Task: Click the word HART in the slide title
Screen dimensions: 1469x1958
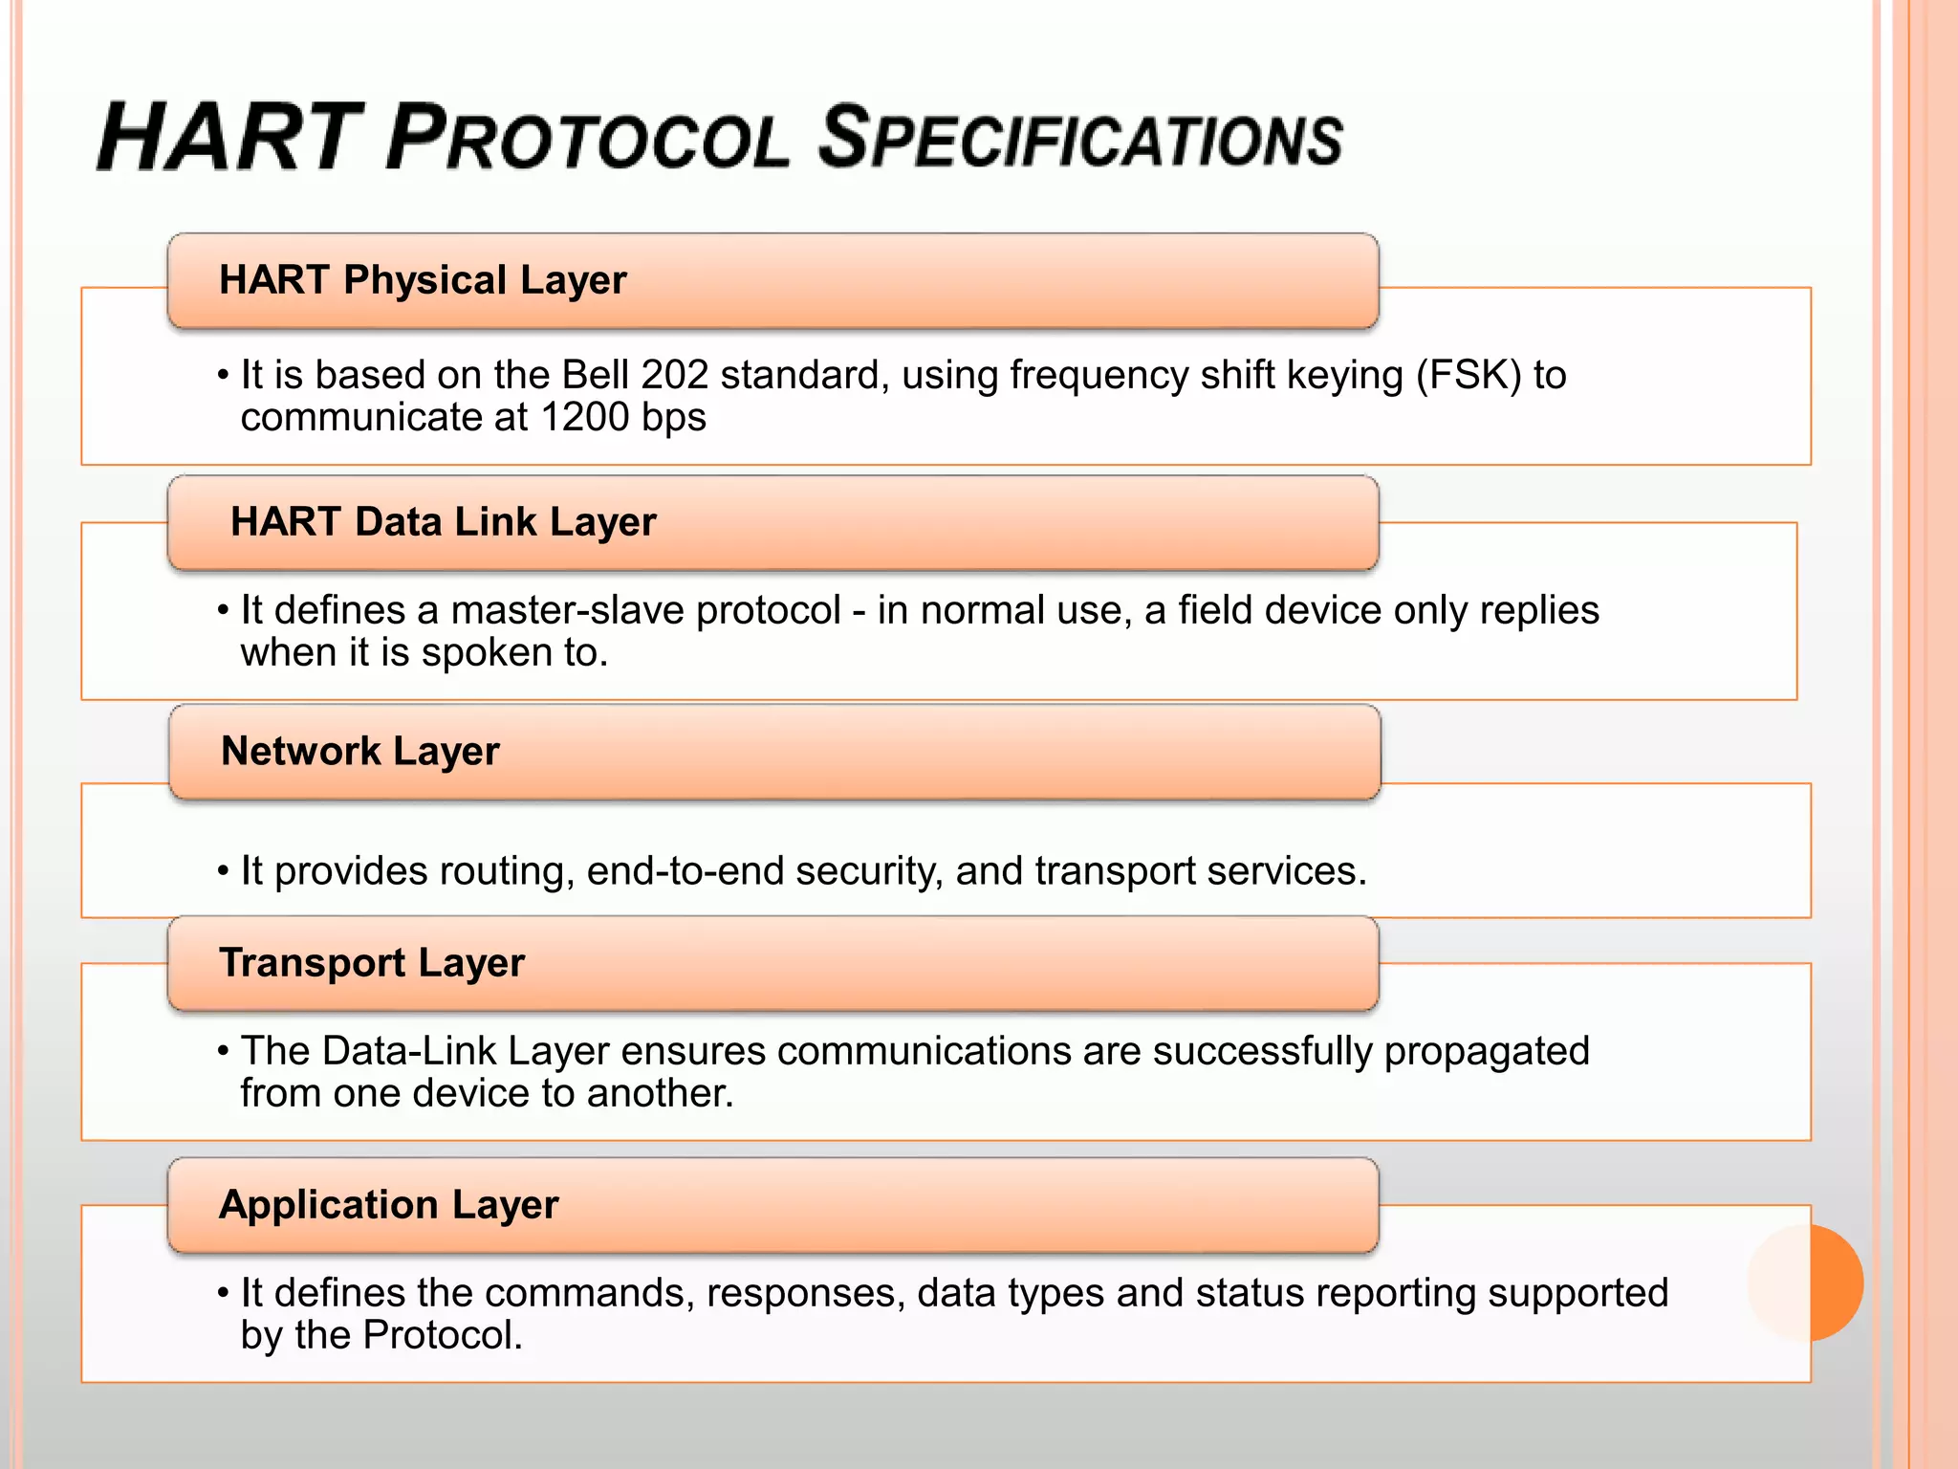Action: (x=229, y=138)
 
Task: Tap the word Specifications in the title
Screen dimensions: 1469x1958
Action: (x=1080, y=138)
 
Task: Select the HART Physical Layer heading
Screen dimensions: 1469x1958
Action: (x=423, y=280)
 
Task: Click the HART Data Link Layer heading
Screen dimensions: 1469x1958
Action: (x=444, y=522)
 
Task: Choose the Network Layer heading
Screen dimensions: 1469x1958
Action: (x=360, y=752)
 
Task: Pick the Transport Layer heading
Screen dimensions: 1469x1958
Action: (x=372, y=963)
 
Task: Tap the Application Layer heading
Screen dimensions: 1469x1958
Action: (x=388, y=1205)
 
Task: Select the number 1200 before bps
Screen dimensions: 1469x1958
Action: (x=582, y=418)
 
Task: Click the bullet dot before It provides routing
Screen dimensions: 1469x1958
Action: (x=223, y=871)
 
